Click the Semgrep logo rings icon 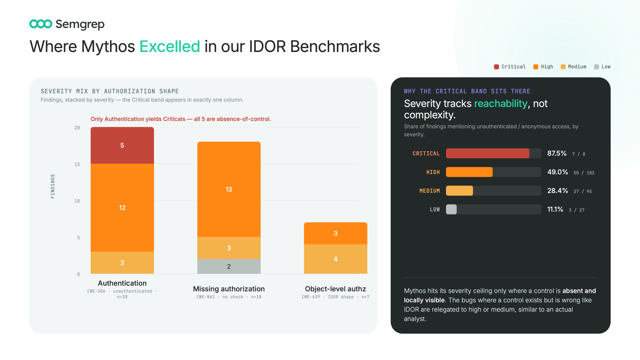[x=41, y=24]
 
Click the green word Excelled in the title [x=170, y=46]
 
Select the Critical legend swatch [x=496, y=67]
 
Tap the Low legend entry [x=602, y=66]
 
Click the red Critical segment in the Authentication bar [x=122, y=146]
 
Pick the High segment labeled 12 [x=122, y=208]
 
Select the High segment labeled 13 [x=229, y=189]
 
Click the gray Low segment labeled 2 [x=229, y=266]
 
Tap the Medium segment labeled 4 [x=336, y=259]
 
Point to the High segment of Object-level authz [x=336, y=234]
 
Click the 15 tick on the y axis [x=77, y=164]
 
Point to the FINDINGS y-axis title [x=52, y=186]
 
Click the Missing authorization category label [x=229, y=289]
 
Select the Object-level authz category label [x=336, y=289]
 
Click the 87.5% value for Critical [x=557, y=154]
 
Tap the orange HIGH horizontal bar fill [x=469, y=172]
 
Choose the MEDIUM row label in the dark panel [x=430, y=191]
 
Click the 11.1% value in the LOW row [x=555, y=210]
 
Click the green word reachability [x=500, y=104]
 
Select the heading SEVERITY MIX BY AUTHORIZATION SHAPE [x=110, y=91]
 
